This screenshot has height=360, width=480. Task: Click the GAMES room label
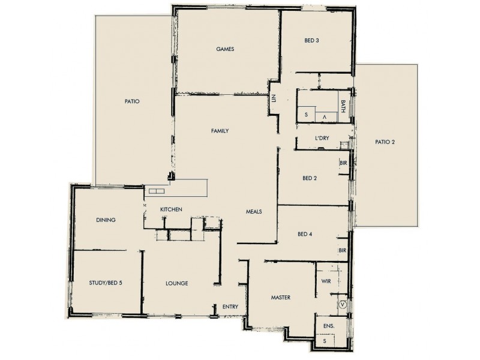click(225, 49)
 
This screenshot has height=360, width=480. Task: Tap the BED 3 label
click(311, 41)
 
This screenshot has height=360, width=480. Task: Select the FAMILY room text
click(220, 131)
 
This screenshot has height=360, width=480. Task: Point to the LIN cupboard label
click(273, 99)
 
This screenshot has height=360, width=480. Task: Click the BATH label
click(343, 107)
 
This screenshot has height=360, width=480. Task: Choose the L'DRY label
click(322, 139)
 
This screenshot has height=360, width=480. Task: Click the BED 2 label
click(310, 178)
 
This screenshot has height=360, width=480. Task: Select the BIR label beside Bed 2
click(343, 163)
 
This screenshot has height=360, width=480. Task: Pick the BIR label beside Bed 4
click(343, 250)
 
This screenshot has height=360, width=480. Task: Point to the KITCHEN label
click(171, 209)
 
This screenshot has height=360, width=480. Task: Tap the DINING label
click(106, 220)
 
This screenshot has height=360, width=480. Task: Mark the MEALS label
click(254, 211)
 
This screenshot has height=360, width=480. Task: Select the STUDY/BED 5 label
click(105, 283)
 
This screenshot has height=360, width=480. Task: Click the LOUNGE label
click(177, 283)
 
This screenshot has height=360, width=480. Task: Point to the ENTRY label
click(230, 307)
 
